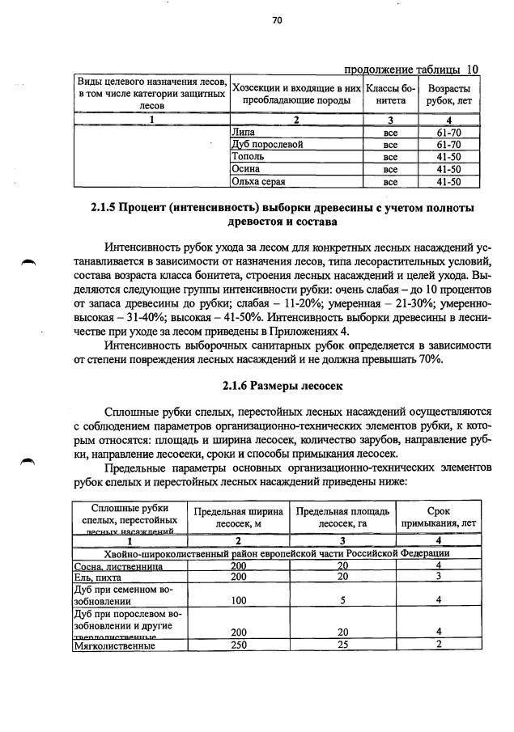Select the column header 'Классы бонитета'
tap(390, 95)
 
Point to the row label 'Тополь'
tap(248, 157)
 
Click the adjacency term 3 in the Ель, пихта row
tap(438, 577)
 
